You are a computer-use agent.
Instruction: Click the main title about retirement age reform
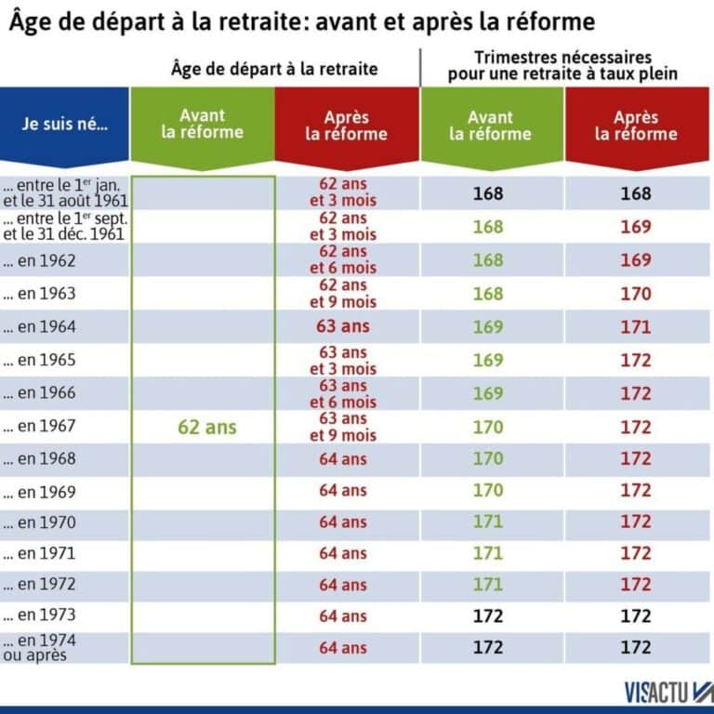tap(302, 21)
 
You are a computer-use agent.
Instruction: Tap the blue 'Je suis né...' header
tap(65, 125)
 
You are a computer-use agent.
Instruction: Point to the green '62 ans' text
tap(206, 428)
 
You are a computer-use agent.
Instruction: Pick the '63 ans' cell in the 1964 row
tap(343, 326)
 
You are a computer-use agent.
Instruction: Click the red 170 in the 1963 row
tap(636, 294)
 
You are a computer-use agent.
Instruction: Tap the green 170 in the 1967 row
tap(488, 428)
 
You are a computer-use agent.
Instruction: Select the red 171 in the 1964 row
tap(636, 326)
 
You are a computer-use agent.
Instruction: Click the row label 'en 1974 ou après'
tap(41, 647)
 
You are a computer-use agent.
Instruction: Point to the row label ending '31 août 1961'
tap(65, 193)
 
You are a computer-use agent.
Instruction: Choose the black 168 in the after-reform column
tap(636, 194)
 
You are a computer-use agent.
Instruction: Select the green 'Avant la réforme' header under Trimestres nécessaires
tap(490, 126)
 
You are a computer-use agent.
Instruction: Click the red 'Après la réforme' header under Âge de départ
tap(346, 126)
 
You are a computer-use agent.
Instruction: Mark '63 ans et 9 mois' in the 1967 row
tap(343, 428)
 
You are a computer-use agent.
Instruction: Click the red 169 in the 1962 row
tap(636, 260)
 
